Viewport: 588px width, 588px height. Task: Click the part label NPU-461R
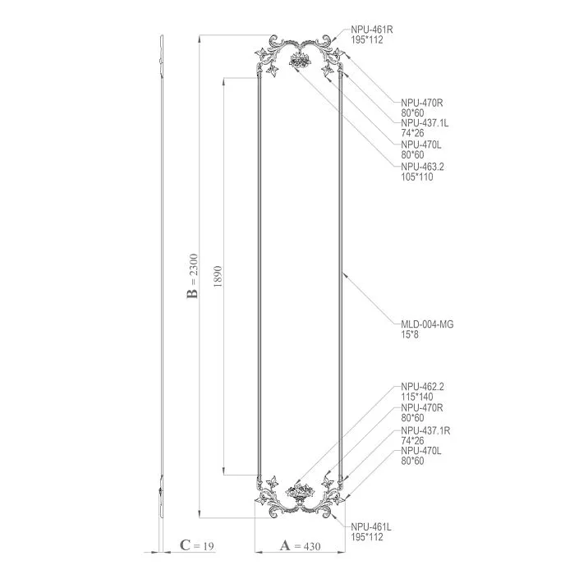373,29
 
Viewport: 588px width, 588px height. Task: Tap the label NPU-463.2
422,167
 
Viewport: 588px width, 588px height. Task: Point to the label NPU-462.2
422,386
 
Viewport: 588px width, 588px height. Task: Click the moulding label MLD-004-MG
427,324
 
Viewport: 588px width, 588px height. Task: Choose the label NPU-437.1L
425,123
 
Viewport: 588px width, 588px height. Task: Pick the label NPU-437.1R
425,430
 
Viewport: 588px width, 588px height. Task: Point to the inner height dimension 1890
217,275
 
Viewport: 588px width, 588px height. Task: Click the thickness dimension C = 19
197,545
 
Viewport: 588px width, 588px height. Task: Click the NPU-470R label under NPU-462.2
422,407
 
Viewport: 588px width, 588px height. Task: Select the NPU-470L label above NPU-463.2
422,145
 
